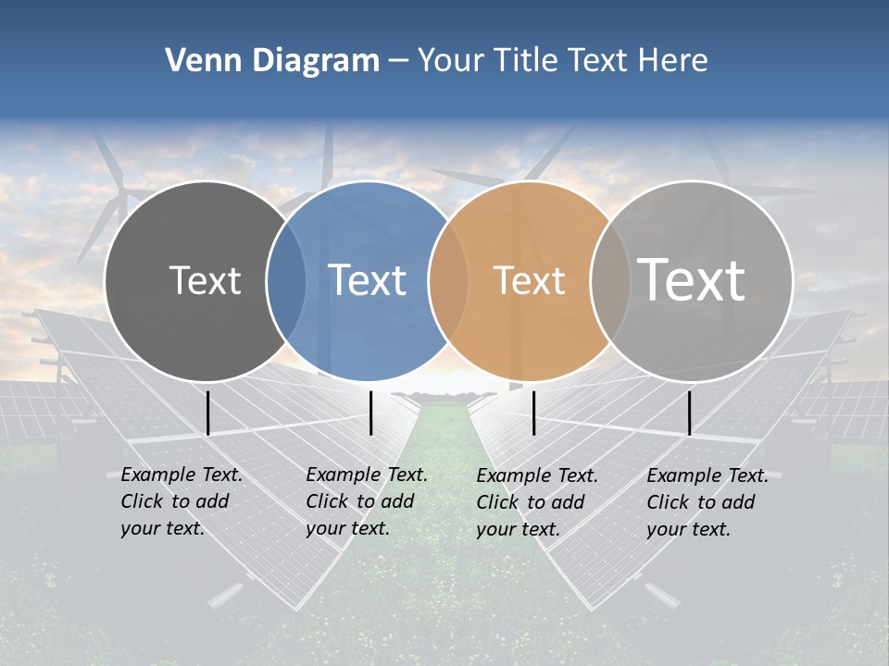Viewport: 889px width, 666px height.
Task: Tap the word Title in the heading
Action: click(523, 61)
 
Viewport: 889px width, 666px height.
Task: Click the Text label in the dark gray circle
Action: click(205, 280)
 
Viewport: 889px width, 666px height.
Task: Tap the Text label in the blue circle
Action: click(368, 280)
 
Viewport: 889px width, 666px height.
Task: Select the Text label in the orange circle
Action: click(529, 280)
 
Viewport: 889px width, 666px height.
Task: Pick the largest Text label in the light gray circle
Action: click(691, 279)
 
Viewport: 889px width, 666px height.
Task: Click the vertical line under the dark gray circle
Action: click(207, 413)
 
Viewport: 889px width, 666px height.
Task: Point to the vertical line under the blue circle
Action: click(370, 413)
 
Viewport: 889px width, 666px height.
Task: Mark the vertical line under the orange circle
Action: click(533, 413)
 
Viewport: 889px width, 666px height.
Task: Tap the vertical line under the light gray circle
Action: click(689, 413)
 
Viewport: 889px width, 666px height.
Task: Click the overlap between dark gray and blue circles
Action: click(286, 280)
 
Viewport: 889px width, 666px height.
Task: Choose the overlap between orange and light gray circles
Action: click(611, 280)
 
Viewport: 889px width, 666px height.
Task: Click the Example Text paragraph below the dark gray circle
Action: click(181, 501)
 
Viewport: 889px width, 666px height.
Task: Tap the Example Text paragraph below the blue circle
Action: click(366, 501)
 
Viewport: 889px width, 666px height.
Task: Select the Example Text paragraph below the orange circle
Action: click(536, 502)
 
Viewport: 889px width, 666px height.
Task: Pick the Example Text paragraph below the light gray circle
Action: click(707, 502)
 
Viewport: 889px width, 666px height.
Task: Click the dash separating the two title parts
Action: click(398, 61)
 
